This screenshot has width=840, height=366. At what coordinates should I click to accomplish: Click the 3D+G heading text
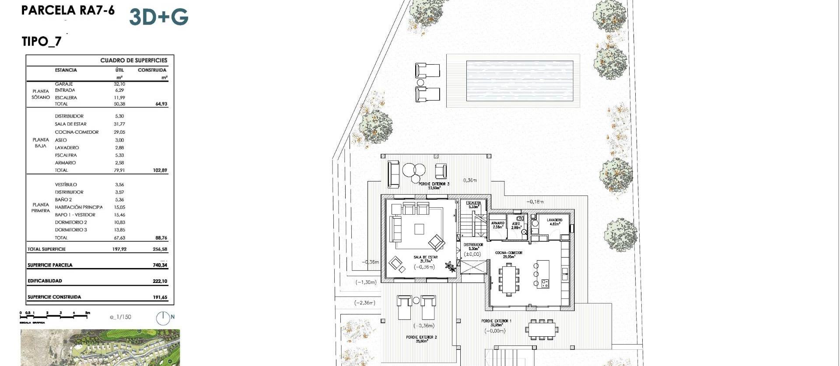pyautogui.click(x=158, y=17)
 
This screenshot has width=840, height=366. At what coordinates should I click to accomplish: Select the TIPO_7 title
pyautogui.click(x=42, y=42)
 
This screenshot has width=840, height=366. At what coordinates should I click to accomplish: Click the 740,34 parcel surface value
pyautogui.click(x=160, y=265)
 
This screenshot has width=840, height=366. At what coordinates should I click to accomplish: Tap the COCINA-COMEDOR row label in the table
pyautogui.click(x=77, y=132)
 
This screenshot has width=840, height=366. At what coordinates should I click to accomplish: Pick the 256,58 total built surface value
pyautogui.click(x=160, y=249)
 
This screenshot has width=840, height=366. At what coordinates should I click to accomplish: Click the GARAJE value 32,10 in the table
pyautogui.click(x=119, y=84)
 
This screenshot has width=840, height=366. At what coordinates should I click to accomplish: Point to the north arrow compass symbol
pyautogui.click(x=163, y=318)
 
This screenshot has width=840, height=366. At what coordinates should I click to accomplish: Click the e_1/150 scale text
pyautogui.click(x=120, y=317)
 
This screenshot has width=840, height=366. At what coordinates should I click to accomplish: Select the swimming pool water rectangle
pyautogui.click(x=519, y=80)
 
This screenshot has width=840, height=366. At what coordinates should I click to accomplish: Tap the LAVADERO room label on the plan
pyautogui.click(x=554, y=220)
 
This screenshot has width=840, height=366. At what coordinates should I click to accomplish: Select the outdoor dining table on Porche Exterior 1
pyautogui.click(x=542, y=329)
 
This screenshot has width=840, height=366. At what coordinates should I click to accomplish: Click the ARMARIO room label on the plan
pyautogui.click(x=498, y=223)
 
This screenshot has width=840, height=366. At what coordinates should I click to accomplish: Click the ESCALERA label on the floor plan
pyautogui.click(x=473, y=203)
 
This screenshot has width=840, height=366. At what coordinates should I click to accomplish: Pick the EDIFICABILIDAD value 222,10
pyautogui.click(x=160, y=281)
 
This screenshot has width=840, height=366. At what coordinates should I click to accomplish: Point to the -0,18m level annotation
pyautogui.click(x=535, y=202)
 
